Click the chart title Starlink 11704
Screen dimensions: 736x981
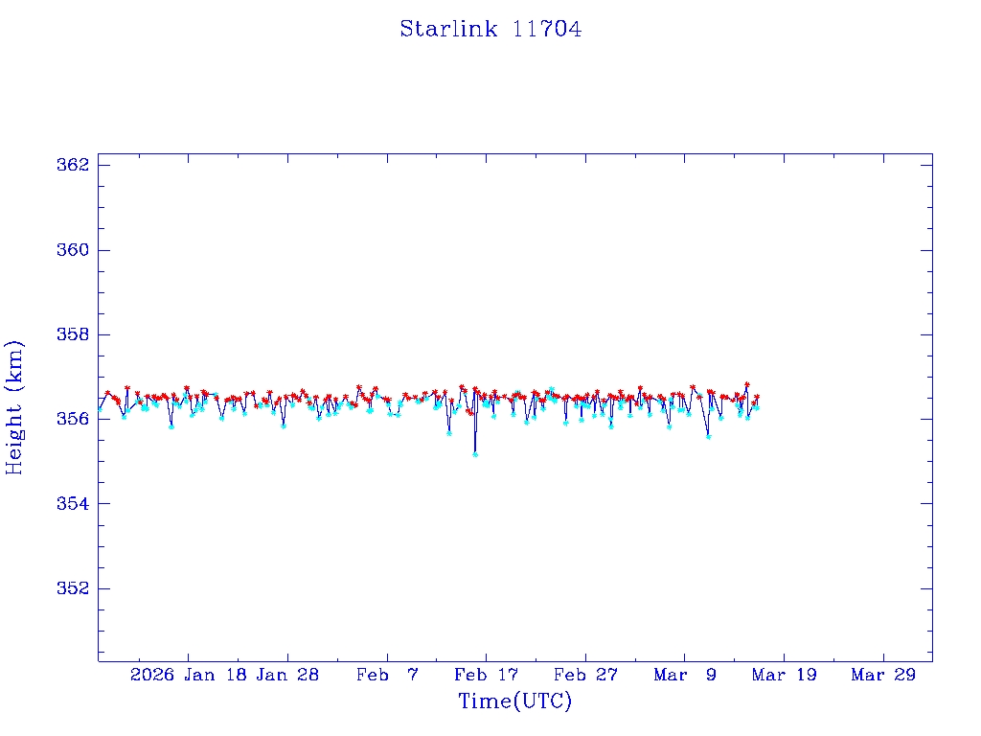(490, 30)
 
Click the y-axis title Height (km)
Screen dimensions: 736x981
(14, 407)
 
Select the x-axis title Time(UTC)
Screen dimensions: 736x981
(514, 701)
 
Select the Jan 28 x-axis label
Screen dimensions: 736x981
(287, 675)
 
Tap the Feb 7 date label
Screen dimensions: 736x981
(387, 675)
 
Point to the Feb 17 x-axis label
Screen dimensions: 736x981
(486, 675)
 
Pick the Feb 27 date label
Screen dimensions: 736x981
(585, 675)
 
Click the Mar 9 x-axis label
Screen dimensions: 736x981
(685, 675)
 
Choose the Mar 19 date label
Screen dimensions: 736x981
(785, 675)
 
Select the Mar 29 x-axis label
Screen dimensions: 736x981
(883, 675)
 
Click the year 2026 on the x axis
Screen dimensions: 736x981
(152, 675)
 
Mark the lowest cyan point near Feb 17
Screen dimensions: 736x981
(475, 454)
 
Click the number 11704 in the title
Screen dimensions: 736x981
(547, 30)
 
